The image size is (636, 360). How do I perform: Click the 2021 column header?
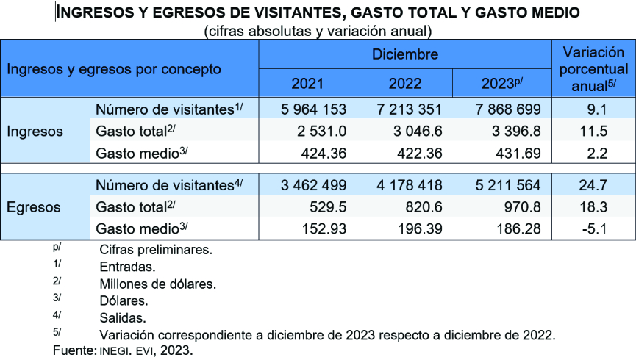point(307,84)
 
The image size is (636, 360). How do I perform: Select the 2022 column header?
point(405,84)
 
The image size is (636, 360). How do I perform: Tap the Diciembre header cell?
point(405,54)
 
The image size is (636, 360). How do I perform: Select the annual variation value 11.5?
point(593,132)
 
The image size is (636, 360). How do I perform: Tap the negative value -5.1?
point(593,229)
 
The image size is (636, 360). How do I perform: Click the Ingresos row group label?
point(35,132)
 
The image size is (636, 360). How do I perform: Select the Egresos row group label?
point(33,207)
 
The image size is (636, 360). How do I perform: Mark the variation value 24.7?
point(593,185)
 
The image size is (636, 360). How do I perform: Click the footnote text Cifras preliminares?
point(155,250)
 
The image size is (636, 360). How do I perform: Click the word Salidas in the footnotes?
point(122,318)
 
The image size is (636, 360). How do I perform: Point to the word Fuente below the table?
point(74,350)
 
